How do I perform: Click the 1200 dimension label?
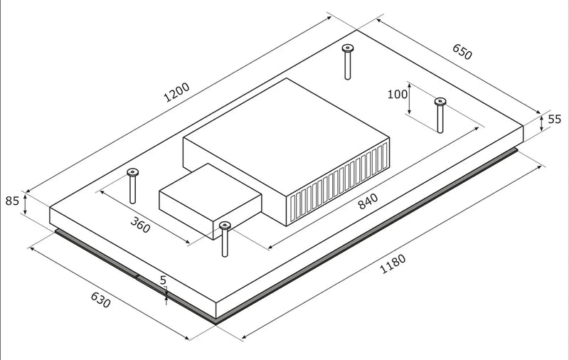pos(176,92)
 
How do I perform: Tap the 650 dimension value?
pos(462,52)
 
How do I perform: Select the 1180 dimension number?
pos(393,264)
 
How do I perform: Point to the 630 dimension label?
pos(100,300)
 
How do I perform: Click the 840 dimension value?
pos(368,201)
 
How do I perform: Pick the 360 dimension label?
pos(140,225)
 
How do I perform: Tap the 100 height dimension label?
pos(398,95)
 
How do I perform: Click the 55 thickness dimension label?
pos(554,119)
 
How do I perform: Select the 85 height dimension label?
pos(12,201)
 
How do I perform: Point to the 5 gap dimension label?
pos(163,280)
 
